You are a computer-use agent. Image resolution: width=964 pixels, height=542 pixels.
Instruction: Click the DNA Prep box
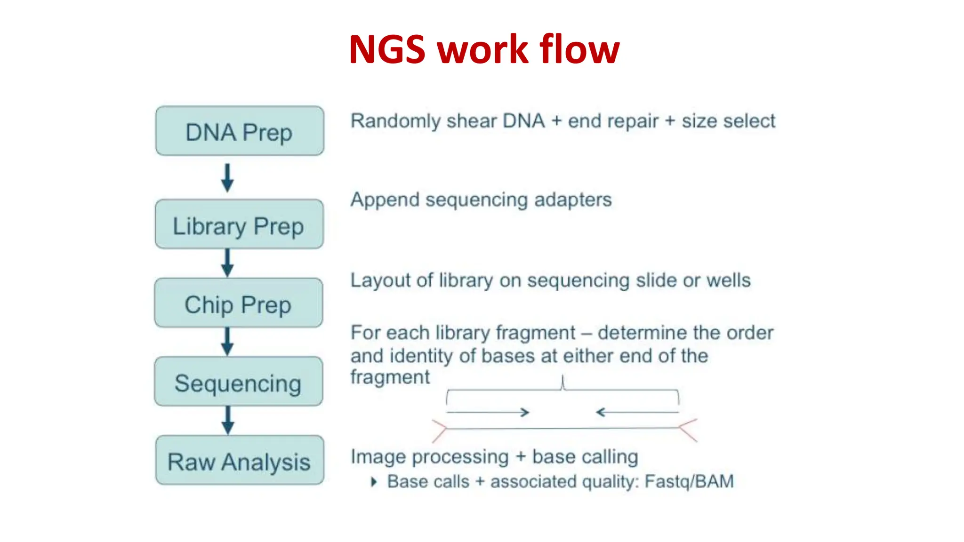tap(240, 131)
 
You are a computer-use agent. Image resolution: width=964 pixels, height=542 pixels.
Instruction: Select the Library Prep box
tap(239, 224)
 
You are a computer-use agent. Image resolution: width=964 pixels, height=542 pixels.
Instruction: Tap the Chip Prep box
tap(239, 303)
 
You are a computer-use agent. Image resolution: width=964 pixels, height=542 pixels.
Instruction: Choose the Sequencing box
tap(239, 382)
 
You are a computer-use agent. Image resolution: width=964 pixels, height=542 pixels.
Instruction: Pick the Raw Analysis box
tap(240, 460)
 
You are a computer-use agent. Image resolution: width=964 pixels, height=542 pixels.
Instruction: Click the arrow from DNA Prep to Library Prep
tap(227, 178)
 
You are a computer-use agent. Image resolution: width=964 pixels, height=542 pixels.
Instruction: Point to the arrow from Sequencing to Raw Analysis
tap(228, 420)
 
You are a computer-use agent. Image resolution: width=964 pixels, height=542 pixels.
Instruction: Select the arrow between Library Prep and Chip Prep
tap(227, 263)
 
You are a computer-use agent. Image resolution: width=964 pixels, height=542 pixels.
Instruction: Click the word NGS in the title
tap(387, 50)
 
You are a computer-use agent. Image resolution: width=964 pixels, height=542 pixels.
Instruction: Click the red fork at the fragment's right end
tap(687, 429)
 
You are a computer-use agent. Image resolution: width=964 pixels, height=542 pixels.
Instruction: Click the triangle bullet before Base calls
tap(374, 482)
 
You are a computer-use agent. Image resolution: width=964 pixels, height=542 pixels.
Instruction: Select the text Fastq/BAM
tap(689, 482)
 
